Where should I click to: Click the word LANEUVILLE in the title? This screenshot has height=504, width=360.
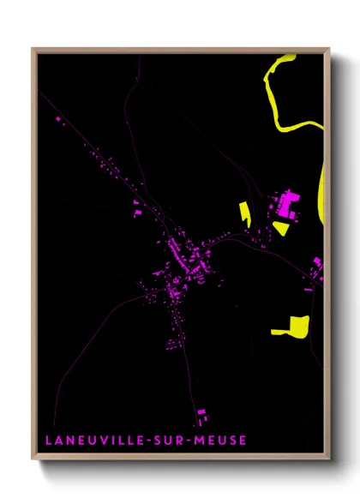tap(86, 441)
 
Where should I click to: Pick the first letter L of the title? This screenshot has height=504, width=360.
tap(46, 441)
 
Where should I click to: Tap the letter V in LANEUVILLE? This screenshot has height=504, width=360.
tap(99, 441)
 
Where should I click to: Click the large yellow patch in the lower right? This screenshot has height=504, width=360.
tap(293, 326)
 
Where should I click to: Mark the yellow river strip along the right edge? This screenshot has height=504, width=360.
tap(323, 189)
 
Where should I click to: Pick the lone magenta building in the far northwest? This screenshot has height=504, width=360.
tap(59, 125)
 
